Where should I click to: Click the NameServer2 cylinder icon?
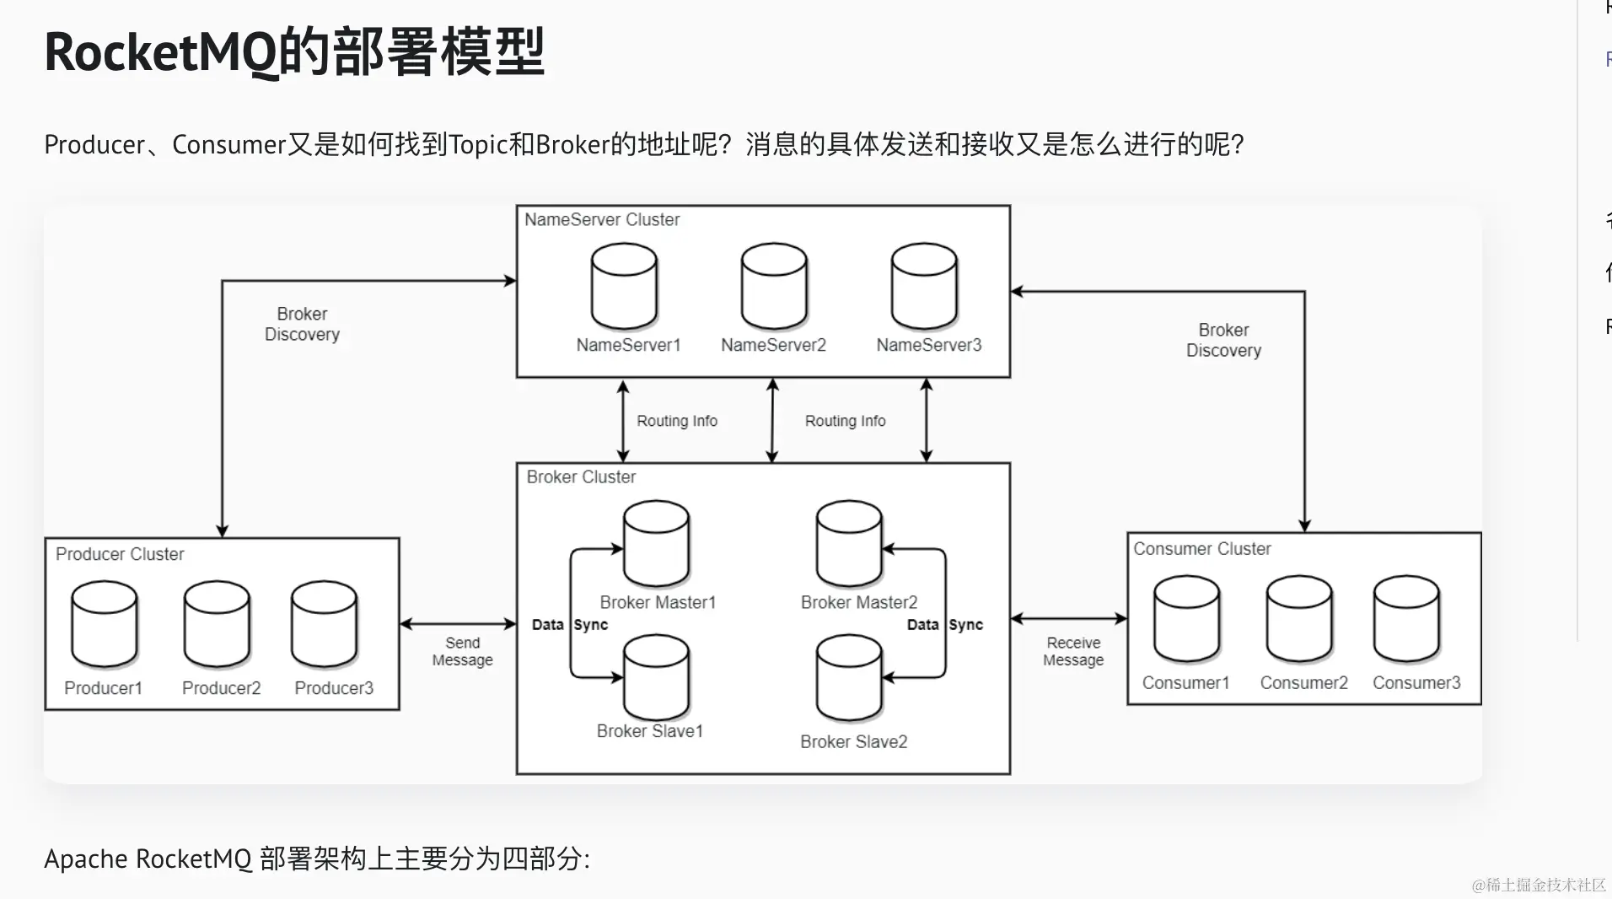[774, 286]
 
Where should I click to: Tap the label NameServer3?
[928, 345]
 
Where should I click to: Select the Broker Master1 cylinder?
[656, 544]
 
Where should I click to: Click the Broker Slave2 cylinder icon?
[849, 679]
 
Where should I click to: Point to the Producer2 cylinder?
[217, 624]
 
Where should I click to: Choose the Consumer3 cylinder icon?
[1406, 619]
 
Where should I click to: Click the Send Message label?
[462, 651]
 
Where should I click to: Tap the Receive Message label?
[1073, 651]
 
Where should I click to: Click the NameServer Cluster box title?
[602, 220]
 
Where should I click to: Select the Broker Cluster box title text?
[581, 477]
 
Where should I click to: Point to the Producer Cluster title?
[120, 554]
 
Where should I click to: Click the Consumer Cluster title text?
[1201, 549]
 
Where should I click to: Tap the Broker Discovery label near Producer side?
[302, 324]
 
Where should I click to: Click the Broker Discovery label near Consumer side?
[1223, 340]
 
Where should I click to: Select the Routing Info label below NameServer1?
[677, 421]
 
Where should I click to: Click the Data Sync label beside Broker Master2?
[944, 625]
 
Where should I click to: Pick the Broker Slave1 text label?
[649, 731]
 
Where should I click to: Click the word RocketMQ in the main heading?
[160, 52]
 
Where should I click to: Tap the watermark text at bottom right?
[1538, 885]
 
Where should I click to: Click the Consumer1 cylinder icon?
[1186, 619]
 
